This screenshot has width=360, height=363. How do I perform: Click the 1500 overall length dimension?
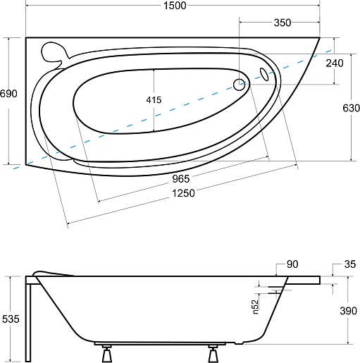point(175,6)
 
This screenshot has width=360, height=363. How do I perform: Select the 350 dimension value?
point(283,23)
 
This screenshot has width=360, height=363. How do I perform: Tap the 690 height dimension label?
point(8,94)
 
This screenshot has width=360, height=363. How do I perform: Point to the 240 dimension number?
point(335,63)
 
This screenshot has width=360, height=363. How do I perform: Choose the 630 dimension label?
point(351,108)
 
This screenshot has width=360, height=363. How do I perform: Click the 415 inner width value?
point(154,100)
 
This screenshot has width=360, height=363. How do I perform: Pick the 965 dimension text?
point(181,179)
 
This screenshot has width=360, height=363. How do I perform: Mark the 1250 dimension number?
point(183,193)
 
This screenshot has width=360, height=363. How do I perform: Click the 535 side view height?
point(11,319)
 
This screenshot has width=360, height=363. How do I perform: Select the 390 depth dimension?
point(349,311)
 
